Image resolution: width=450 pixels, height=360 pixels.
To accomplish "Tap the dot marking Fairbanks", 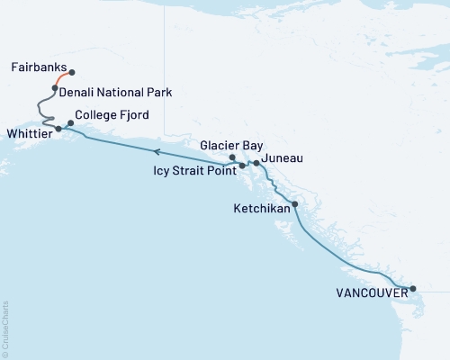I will [x=71, y=72].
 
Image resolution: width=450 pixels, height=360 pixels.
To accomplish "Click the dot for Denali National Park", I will [x=55, y=88].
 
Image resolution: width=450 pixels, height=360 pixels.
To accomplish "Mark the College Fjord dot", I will [x=70, y=122].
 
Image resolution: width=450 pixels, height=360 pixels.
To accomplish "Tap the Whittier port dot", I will [x=58, y=129].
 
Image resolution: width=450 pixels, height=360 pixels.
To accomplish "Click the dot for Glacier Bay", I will [x=233, y=157].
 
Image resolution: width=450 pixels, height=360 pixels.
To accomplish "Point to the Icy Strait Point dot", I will [x=242, y=166].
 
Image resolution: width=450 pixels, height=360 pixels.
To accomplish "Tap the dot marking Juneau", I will [x=256, y=163].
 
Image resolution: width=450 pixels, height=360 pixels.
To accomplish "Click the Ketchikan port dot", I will [x=295, y=204].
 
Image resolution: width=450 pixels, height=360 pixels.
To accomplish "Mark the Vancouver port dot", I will [x=413, y=289].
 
